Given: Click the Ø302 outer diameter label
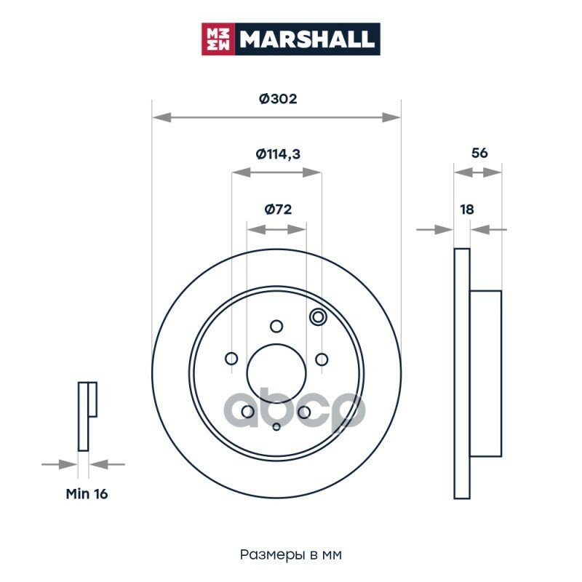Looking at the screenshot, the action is click(278, 99).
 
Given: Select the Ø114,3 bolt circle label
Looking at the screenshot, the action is click(278, 154).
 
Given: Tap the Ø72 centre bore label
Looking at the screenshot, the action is click(278, 210).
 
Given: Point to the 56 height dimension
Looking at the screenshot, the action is click(479, 153).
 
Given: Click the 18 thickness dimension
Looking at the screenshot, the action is click(467, 210).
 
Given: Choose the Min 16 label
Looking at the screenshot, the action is click(87, 494).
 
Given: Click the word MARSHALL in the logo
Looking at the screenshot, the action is click(307, 39).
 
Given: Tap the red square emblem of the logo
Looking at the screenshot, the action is click(218, 39).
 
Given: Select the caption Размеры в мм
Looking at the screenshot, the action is click(290, 555).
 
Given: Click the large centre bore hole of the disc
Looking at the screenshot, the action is click(276, 373).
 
